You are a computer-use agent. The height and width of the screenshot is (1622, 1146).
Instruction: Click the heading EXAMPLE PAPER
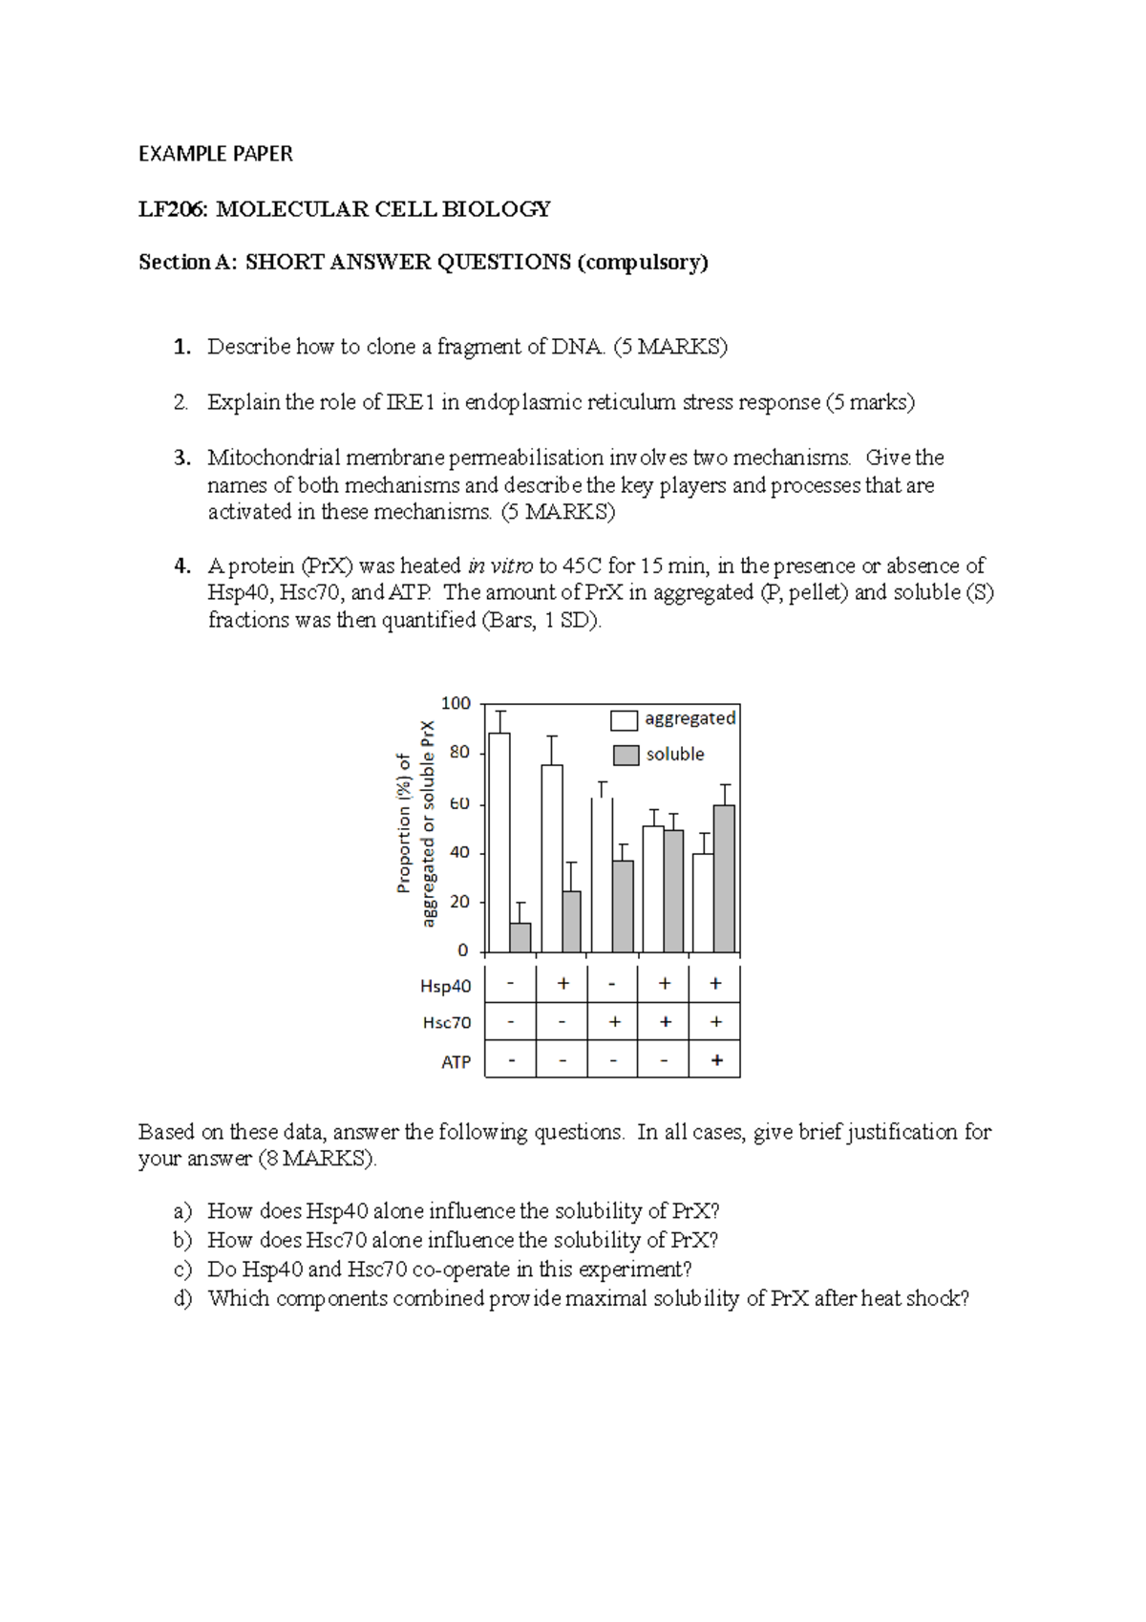tap(215, 154)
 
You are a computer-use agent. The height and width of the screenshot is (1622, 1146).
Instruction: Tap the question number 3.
tap(181, 458)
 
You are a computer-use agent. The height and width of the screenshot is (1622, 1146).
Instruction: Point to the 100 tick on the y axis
tap(456, 704)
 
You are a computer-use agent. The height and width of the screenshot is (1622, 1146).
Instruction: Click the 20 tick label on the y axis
tap(459, 902)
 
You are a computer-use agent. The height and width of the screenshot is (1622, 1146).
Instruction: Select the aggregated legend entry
tap(674, 719)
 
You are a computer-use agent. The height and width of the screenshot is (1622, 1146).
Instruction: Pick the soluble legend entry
tap(659, 755)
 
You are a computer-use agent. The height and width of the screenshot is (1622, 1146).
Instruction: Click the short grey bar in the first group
tap(520, 937)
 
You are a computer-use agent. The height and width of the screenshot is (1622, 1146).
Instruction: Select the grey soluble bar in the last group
tap(724, 879)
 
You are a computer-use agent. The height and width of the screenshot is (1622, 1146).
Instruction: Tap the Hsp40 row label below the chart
tap(446, 986)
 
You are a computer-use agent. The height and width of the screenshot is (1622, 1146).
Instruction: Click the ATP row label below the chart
tap(456, 1062)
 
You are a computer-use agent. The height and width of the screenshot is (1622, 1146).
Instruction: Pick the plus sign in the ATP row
tap(716, 1060)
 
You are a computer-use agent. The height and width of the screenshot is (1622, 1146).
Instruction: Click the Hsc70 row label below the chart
tap(447, 1023)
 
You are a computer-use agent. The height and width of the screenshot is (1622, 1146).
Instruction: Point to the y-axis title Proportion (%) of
tap(404, 823)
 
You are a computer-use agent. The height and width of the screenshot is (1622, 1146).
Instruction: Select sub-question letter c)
tap(182, 1270)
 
